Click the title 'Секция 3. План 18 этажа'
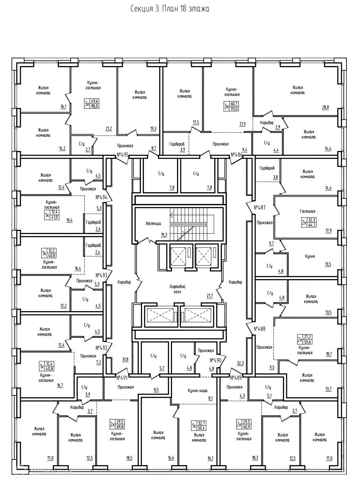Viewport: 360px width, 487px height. (170, 9)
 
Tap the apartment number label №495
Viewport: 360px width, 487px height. (123, 155)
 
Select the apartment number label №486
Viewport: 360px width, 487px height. (237, 155)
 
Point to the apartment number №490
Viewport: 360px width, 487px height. (216, 360)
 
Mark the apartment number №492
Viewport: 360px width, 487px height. (101, 348)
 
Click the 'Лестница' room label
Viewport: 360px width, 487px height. (153, 223)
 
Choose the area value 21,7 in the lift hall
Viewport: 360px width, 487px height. (209, 295)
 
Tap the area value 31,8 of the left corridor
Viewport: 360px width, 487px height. (125, 359)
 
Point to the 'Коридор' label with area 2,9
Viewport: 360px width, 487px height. (267, 123)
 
